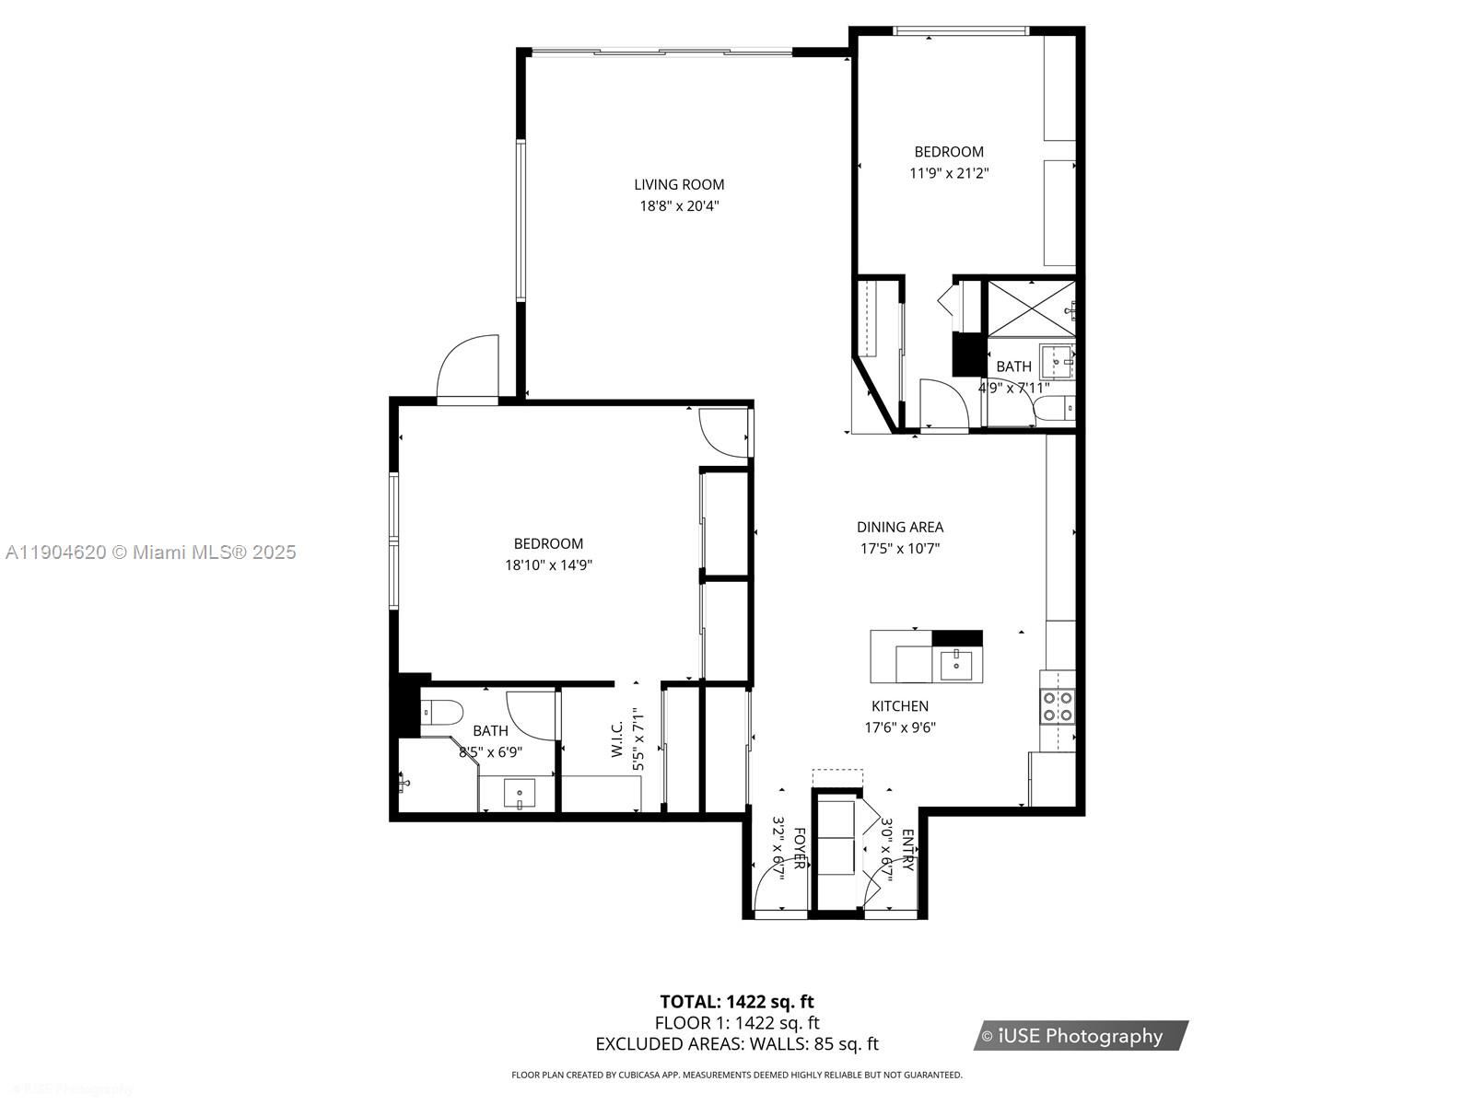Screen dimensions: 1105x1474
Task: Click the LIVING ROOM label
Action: (x=679, y=184)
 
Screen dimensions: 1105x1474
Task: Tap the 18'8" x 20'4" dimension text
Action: (x=679, y=206)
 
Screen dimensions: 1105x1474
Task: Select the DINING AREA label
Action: (x=900, y=527)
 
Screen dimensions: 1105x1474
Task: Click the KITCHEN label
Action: (x=900, y=706)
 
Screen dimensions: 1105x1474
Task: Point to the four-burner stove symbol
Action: (x=1058, y=705)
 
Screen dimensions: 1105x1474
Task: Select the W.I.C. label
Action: (x=617, y=739)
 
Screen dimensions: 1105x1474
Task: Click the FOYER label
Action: (x=800, y=849)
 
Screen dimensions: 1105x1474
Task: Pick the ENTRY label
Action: (x=907, y=850)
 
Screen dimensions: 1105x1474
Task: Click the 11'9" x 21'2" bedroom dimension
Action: (x=949, y=173)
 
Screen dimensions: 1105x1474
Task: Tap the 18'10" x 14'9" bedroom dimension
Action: (x=548, y=565)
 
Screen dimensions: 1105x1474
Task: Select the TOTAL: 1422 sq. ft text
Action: (x=737, y=1001)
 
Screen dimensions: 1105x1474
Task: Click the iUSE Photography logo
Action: (x=1080, y=1036)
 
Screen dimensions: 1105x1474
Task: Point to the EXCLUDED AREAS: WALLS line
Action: (x=737, y=1043)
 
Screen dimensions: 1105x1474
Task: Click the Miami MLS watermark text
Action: (x=150, y=552)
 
